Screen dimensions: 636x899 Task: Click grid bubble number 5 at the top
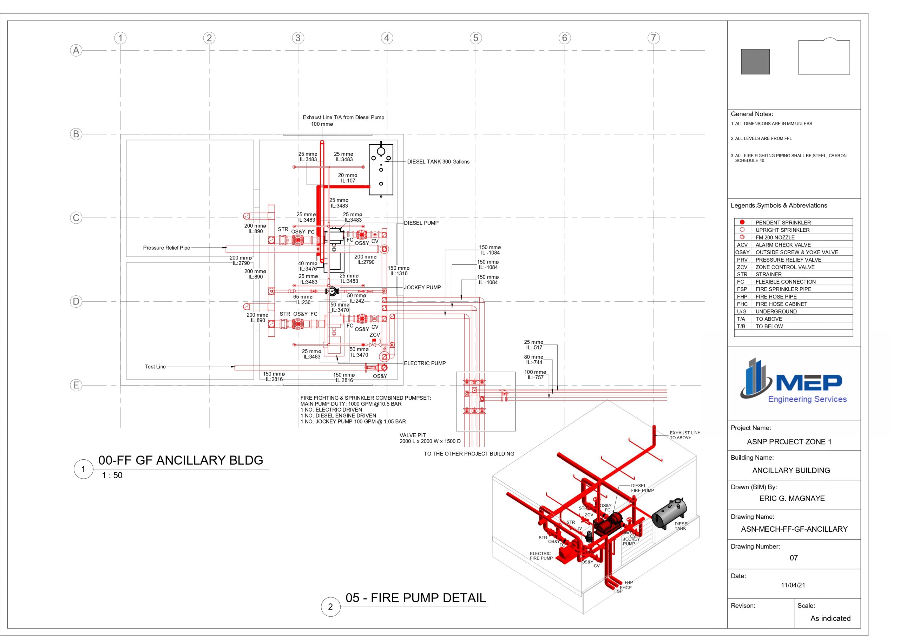[x=475, y=38]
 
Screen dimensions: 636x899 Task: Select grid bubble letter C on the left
[x=76, y=218]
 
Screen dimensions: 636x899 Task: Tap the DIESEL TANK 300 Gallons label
[x=438, y=162]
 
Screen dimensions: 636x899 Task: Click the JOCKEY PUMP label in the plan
[x=422, y=288]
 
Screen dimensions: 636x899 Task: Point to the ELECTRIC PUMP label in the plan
[x=425, y=363]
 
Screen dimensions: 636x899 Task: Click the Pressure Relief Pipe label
[x=166, y=248]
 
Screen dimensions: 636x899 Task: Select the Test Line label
[x=155, y=367]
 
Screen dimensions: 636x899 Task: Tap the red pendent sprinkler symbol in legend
[x=742, y=222]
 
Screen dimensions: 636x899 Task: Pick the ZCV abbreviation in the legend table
[x=742, y=267]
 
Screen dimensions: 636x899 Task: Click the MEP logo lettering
[x=808, y=382]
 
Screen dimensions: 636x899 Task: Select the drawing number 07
[x=793, y=558]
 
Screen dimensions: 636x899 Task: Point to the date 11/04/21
[x=793, y=585]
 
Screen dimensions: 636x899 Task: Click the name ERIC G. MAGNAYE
[x=792, y=499]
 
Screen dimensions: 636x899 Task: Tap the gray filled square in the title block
[x=755, y=61]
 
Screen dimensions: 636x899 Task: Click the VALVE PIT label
[x=412, y=435]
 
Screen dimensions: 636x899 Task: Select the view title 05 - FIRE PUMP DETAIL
[x=415, y=598]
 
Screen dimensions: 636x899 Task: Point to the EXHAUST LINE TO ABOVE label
[x=684, y=435]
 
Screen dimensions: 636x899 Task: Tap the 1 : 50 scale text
[x=112, y=476]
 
